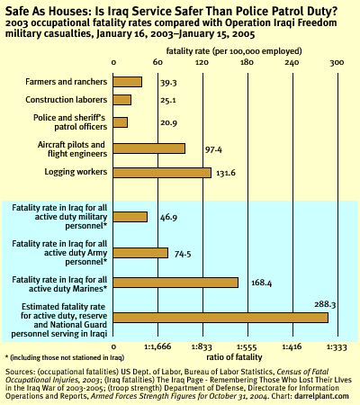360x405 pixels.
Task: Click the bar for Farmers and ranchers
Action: point(128,82)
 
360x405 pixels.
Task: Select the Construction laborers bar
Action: point(122,100)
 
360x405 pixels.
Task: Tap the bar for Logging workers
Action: point(162,173)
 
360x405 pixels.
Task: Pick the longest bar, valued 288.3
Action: point(220,318)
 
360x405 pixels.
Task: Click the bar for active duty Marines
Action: point(175,283)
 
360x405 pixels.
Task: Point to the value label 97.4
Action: point(213,149)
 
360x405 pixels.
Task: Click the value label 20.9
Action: point(168,122)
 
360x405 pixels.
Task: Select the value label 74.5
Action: point(183,254)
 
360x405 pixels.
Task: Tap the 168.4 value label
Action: point(261,283)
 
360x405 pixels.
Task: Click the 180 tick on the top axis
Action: point(247,62)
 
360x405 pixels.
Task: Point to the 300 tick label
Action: point(337,62)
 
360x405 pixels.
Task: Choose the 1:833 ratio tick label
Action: point(202,347)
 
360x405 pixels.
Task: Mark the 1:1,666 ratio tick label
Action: point(157,346)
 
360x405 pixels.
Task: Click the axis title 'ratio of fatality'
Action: point(234,357)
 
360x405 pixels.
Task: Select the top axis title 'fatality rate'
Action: point(188,51)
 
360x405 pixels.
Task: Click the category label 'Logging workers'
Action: point(76,172)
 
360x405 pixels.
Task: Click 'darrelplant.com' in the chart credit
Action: point(321,396)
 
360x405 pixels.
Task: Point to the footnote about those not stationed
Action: point(65,357)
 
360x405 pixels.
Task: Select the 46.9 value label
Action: point(168,217)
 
